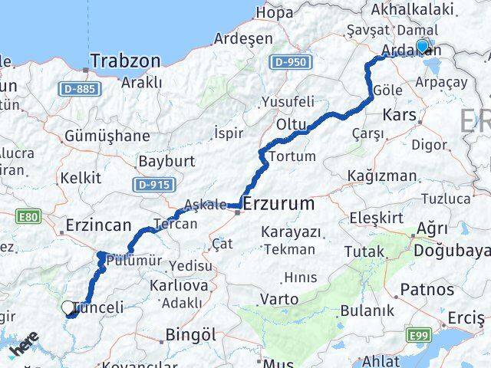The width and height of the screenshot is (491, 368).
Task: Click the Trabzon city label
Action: click(125, 61)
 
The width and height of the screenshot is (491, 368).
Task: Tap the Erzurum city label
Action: click(278, 204)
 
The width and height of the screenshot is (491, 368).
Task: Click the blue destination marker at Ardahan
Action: click(422, 46)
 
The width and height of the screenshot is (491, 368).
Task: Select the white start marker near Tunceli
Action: click(68, 308)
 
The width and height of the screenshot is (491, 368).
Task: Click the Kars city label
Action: click(400, 117)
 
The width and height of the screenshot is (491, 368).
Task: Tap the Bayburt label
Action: click(167, 162)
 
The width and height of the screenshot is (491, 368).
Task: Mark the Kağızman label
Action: click(381, 176)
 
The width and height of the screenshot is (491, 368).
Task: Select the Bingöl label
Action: click(191, 335)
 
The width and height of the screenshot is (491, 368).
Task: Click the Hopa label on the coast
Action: click(275, 12)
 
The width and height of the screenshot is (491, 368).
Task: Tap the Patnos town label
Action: click(427, 291)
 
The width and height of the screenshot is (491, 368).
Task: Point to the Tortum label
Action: click(292, 156)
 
